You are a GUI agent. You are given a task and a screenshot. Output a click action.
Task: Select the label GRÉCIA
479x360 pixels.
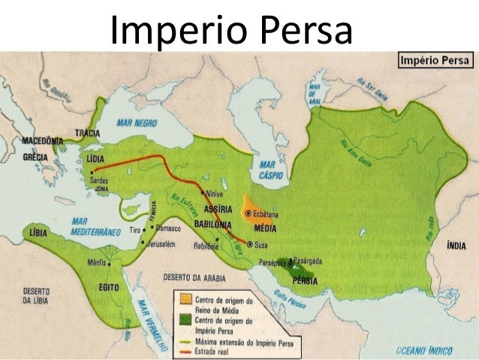point(35,157)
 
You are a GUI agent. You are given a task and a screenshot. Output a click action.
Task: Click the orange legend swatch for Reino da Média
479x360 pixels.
point(183,299)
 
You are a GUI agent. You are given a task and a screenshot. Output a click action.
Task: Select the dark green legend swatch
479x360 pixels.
point(183,319)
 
